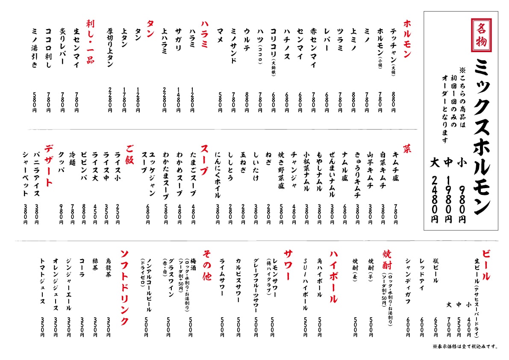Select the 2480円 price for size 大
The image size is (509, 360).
(x=435, y=199)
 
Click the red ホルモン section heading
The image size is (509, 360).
(x=407, y=39)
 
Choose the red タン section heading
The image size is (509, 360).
(x=150, y=29)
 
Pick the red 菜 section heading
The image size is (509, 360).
(x=407, y=150)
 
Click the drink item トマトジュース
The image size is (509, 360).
(x=42, y=282)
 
